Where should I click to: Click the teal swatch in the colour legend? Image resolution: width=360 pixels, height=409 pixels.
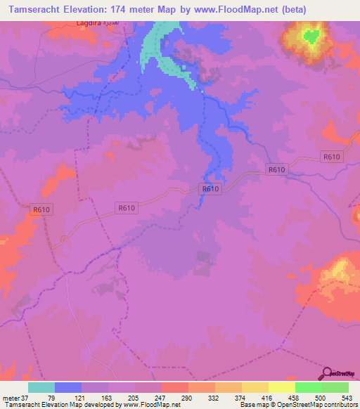tap(41, 387)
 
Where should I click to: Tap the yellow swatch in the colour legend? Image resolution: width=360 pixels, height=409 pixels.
tap(255, 387)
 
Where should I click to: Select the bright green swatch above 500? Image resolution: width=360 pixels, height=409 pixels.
tap(308, 387)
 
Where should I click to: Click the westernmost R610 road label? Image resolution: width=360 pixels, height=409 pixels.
tap(41, 209)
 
